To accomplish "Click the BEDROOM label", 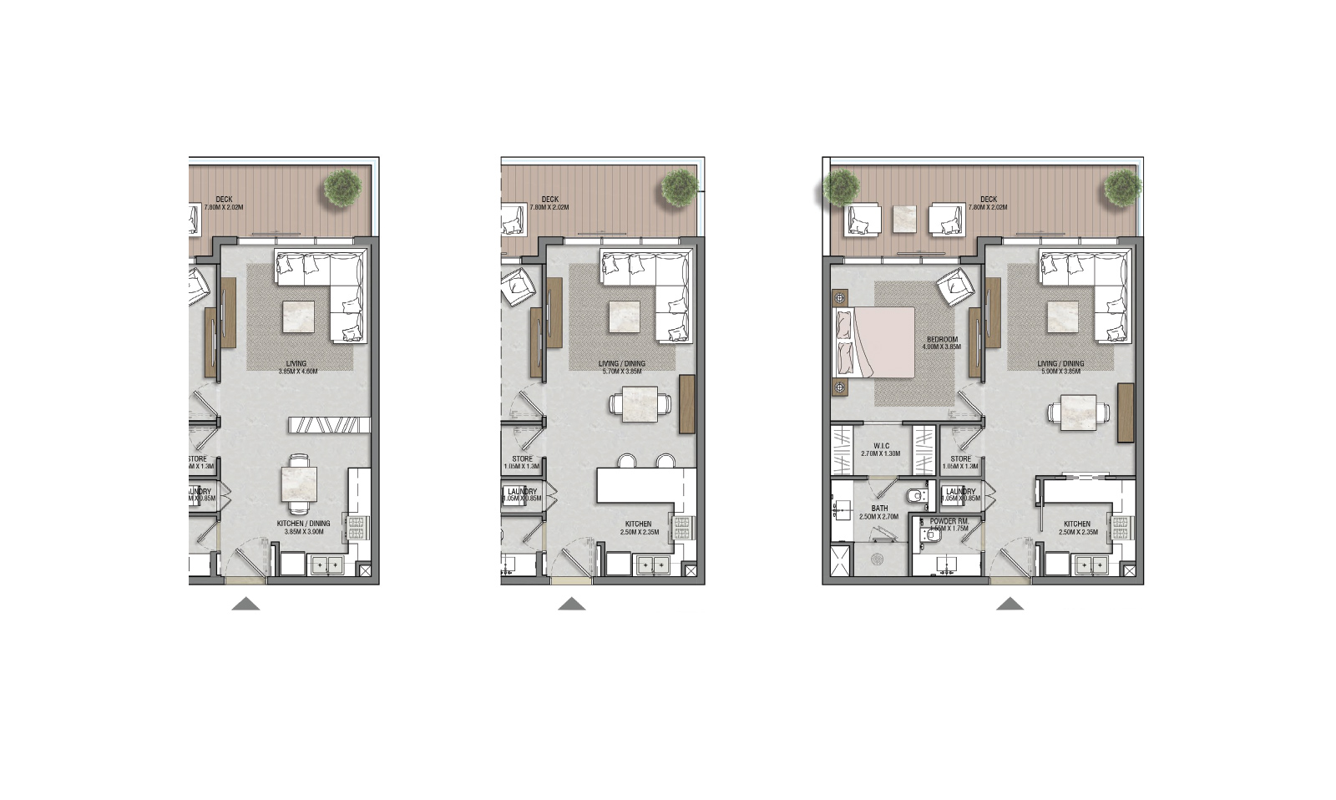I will tap(942, 340).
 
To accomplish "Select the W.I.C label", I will tap(880, 446).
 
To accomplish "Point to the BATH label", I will tap(879, 509).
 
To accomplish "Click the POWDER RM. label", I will tap(949, 521).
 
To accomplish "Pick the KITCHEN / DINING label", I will tap(303, 524).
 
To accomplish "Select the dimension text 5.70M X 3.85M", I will tap(622, 372).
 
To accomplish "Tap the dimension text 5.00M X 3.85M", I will tap(1060, 372).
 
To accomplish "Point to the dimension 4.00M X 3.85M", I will tap(942, 347).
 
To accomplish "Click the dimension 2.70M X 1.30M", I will tap(880, 454).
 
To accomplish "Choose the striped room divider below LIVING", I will tap(329, 425).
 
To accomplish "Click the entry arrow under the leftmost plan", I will tap(245, 604).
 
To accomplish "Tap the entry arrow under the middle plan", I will tap(572, 604).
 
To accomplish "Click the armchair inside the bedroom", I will tap(955, 287).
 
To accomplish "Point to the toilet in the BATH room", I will tap(917, 497).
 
